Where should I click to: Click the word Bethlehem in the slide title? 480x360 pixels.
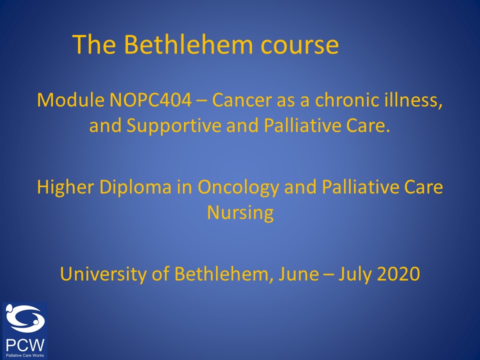pos(188,44)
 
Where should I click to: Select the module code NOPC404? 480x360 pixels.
pos(150,100)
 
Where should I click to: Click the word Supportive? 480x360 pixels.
pos(173,126)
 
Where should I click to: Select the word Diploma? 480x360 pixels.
pos(135,187)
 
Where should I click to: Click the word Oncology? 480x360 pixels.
pos(238,187)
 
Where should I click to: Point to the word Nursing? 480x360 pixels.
pos(240,213)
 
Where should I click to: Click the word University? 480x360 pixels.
pos(103,274)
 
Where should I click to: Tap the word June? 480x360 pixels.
pos(298,274)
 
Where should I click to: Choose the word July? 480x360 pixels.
pos(355,274)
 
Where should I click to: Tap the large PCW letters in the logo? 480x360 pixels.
pos(25,345)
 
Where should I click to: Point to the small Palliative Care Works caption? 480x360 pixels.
pos(25,355)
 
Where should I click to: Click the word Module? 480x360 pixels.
pos(70,100)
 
